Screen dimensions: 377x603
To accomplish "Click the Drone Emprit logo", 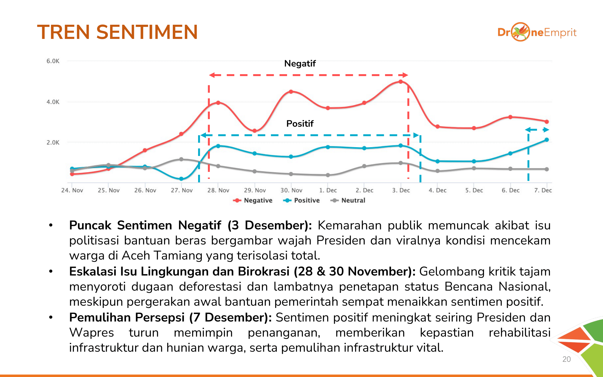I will pyautogui.click(x=537, y=32).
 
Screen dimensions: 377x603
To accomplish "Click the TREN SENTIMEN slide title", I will pyautogui.click(x=117, y=32).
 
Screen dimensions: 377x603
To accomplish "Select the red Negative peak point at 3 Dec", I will pyautogui.click(x=400, y=82).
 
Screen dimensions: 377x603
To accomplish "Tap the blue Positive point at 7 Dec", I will pyautogui.click(x=547, y=140).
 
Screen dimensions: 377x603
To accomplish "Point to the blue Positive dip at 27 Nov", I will pyautogui.click(x=181, y=179).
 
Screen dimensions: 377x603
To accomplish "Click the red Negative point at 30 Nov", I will pyautogui.click(x=291, y=92).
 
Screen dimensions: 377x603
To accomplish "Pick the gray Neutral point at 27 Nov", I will pyautogui.click(x=181, y=159).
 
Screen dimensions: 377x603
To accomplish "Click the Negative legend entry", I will pyautogui.click(x=253, y=201).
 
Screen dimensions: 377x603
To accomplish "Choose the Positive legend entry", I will pyautogui.click(x=301, y=201).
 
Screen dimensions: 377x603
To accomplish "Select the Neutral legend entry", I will pyautogui.click(x=348, y=201).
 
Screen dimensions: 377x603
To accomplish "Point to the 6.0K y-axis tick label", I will pyautogui.click(x=53, y=61).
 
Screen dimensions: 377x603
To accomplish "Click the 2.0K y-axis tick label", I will pyautogui.click(x=53, y=142).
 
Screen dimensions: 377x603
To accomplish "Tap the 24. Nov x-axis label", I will pyautogui.click(x=72, y=190).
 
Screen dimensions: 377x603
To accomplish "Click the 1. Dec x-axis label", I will pyautogui.click(x=328, y=190).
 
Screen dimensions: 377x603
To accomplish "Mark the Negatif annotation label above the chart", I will pyautogui.click(x=300, y=64).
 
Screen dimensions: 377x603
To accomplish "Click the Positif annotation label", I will pyautogui.click(x=300, y=124).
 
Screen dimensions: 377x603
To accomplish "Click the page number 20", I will pyautogui.click(x=566, y=359).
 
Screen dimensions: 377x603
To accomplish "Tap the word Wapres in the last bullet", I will pyautogui.click(x=91, y=333).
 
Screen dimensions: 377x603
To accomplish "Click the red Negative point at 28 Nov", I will pyautogui.click(x=218, y=103).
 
